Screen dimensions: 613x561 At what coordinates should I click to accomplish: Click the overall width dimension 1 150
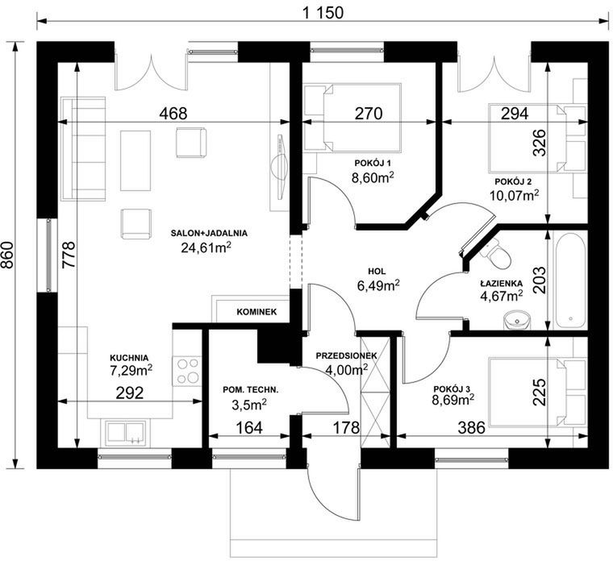click(323, 13)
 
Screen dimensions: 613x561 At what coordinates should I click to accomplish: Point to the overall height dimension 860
click(7, 255)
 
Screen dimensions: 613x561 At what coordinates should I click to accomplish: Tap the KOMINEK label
click(256, 312)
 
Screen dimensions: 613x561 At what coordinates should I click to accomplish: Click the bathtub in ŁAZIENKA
click(570, 280)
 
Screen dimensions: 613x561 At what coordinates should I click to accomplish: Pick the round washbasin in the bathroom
click(517, 320)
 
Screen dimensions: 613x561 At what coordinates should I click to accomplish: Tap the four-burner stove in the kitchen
click(187, 371)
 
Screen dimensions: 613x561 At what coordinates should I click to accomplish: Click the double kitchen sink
click(126, 433)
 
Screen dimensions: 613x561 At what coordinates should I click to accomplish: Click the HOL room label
click(377, 271)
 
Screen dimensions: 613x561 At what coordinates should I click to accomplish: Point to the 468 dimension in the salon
click(173, 114)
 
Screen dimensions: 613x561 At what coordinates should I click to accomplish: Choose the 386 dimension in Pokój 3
click(472, 428)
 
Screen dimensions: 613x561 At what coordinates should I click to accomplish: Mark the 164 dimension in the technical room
click(249, 428)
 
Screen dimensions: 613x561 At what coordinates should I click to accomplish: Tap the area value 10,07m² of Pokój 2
click(515, 194)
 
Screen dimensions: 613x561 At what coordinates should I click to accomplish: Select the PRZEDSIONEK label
click(346, 356)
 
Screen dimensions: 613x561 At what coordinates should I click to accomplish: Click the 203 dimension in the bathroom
click(540, 280)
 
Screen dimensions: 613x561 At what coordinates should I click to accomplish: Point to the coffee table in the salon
click(136, 160)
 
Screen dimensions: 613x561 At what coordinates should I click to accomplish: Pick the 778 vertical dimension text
click(69, 255)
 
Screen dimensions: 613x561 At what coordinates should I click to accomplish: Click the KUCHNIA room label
click(129, 357)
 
